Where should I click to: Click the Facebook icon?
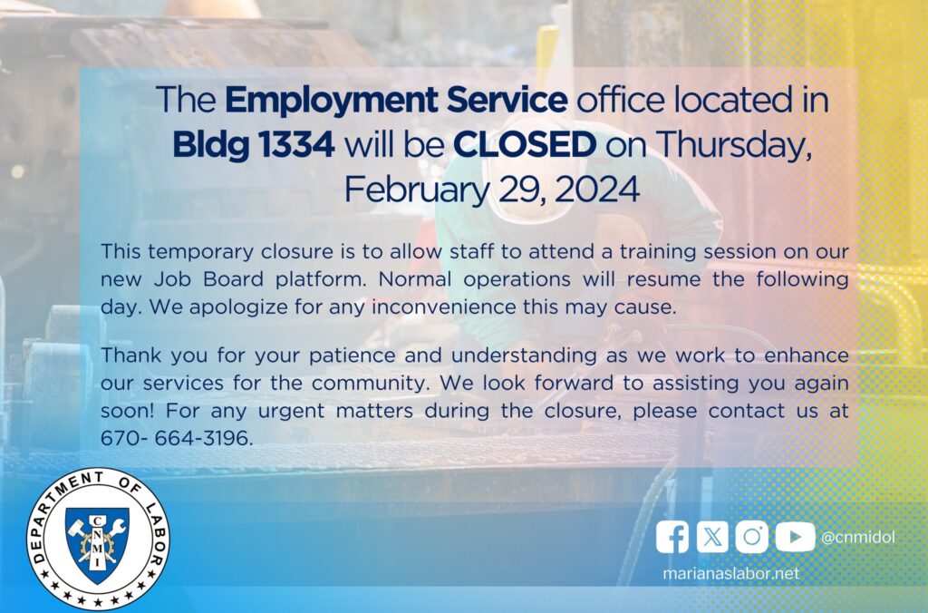click(x=672, y=537)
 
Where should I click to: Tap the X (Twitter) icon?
click(x=712, y=537)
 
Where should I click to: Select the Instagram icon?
click(x=751, y=537)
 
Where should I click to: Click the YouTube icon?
click(x=795, y=537)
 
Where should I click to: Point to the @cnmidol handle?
click(x=858, y=537)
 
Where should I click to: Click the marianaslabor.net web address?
click(x=731, y=573)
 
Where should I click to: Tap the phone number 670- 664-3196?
click(x=177, y=438)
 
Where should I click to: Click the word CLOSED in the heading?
click(x=525, y=144)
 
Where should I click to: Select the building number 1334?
click(x=295, y=144)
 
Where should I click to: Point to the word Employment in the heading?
click(x=332, y=101)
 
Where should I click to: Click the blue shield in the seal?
click(x=97, y=543)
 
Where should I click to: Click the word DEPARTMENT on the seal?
click(x=57, y=513)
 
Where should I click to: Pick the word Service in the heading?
click(x=507, y=100)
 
